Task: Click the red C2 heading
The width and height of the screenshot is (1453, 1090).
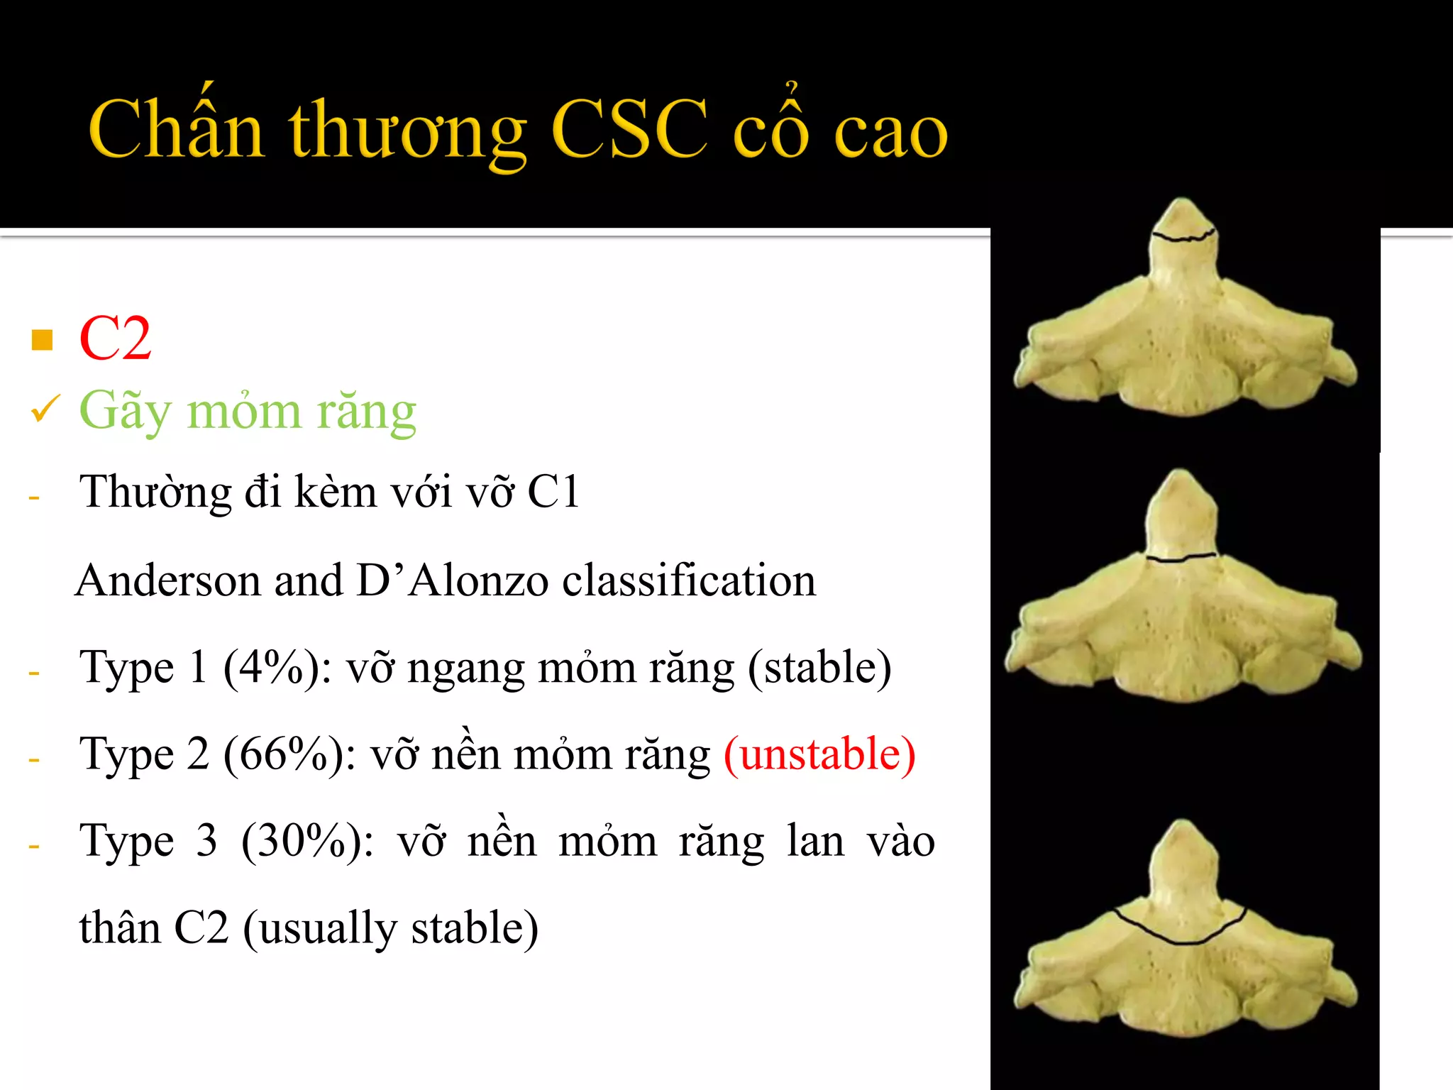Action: [x=115, y=339]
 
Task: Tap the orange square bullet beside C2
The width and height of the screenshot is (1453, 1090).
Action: [x=43, y=341]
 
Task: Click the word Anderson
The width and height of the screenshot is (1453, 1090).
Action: [x=168, y=580]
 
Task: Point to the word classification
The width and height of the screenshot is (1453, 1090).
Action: [x=689, y=580]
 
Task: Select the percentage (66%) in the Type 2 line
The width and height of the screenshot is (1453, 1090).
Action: [x=289, y=754]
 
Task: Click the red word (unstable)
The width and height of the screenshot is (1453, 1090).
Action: [x=819, y=754]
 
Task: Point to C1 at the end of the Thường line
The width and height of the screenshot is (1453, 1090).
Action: [x=553, y=492]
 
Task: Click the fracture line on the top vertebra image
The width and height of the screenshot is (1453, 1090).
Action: [x=1182, y=237]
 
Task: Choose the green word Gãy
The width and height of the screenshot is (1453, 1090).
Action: [x=124, y=411]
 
